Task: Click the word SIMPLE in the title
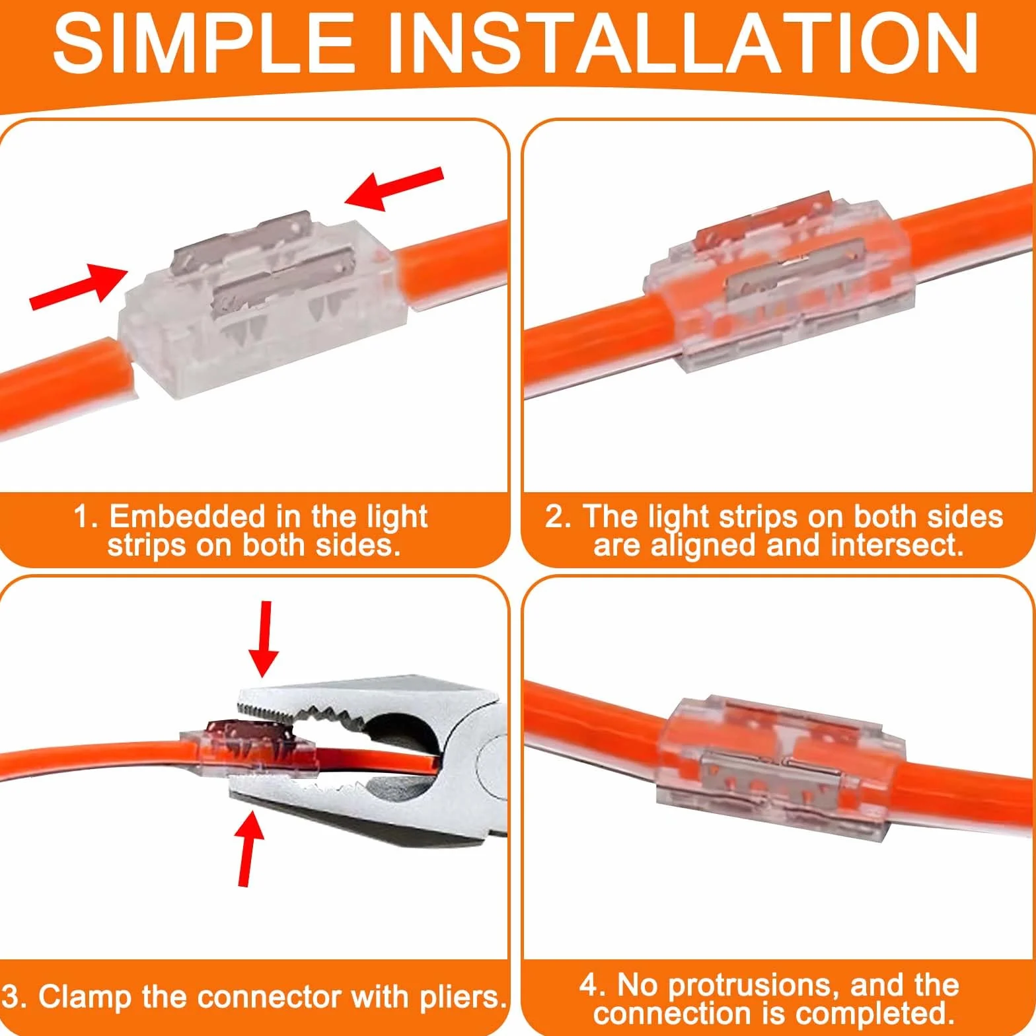[203, 44]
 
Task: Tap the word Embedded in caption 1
[186, 516]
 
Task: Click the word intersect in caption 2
[897, 545]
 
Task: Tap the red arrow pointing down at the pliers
[264, 639]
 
